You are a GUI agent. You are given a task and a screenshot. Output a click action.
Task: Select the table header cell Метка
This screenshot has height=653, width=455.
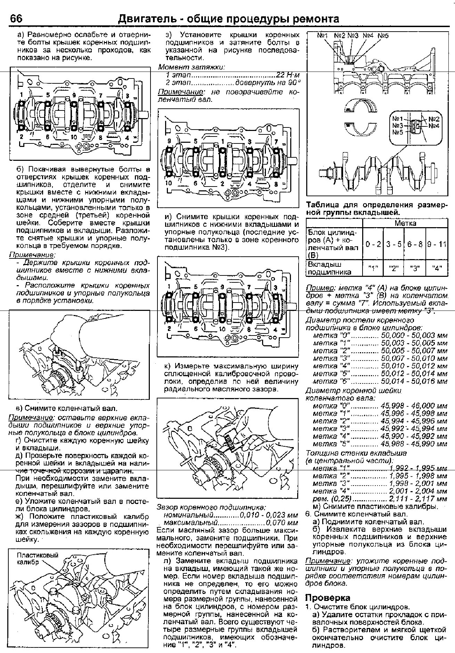[x=405, y=223]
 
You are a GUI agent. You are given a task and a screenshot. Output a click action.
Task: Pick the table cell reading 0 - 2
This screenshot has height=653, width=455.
[x=373, y=244]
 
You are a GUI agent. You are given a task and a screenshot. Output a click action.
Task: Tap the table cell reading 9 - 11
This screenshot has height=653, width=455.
[x=437, y=244]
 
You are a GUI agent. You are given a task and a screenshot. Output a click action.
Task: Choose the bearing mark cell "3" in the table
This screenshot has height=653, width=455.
[x=415, y=268]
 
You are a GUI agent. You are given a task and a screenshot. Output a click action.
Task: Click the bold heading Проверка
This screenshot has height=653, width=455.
[x=327, y=597]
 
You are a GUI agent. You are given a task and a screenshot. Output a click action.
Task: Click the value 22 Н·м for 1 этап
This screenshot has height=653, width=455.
[x=288, y=75]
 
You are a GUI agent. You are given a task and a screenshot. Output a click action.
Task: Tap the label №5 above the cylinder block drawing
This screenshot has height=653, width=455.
[x=383, y=35]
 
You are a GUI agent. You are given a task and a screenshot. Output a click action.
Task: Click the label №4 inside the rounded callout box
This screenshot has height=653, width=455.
[x=433, y=125]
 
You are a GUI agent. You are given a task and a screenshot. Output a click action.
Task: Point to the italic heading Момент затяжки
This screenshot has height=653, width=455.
[x=192, y=67]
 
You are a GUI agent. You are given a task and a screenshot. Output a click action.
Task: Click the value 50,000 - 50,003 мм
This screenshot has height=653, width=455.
[x=414, y=335]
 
